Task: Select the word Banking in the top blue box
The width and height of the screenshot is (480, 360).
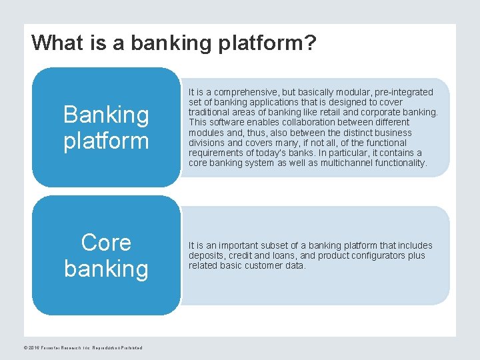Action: (106, 115)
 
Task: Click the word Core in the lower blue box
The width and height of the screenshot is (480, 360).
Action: (106, 243)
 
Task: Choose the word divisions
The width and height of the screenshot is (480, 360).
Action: (206, 143)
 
